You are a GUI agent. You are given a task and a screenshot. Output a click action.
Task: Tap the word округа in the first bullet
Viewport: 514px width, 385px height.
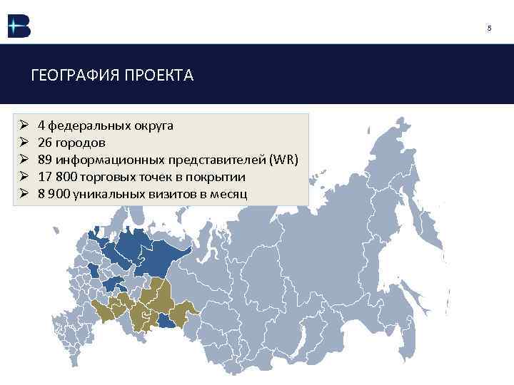153,125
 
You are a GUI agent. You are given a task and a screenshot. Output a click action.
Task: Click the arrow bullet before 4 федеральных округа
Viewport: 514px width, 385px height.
24,125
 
